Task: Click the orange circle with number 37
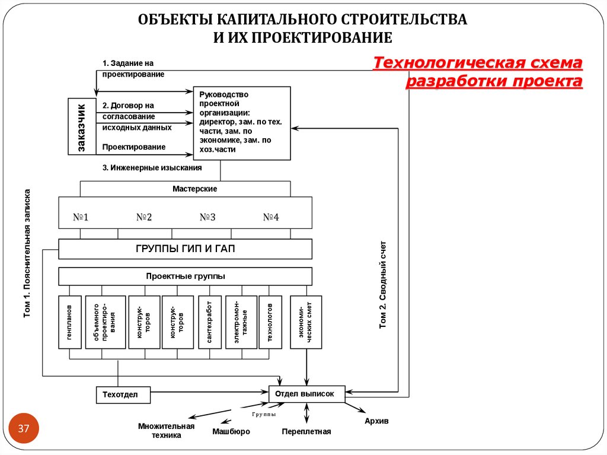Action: click(24, 428)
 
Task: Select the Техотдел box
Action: click(123, 394)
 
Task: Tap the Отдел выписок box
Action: click(306, 393)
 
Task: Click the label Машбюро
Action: click(231, 432)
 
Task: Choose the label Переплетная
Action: click(306, 432)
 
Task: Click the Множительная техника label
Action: click(166, 431)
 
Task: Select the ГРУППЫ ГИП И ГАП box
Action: click(185, 249)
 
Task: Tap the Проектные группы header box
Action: click(185, 276)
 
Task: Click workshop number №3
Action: click(207, 217)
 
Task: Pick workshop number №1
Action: click(81, 217)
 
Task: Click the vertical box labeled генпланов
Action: click(70, 322)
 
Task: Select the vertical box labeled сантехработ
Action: click(209, 322)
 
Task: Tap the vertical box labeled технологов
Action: click(270, 322)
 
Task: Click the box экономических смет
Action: click(305, 322)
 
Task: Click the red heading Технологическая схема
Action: click(478, 63)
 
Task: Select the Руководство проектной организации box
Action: click(242, 123)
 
